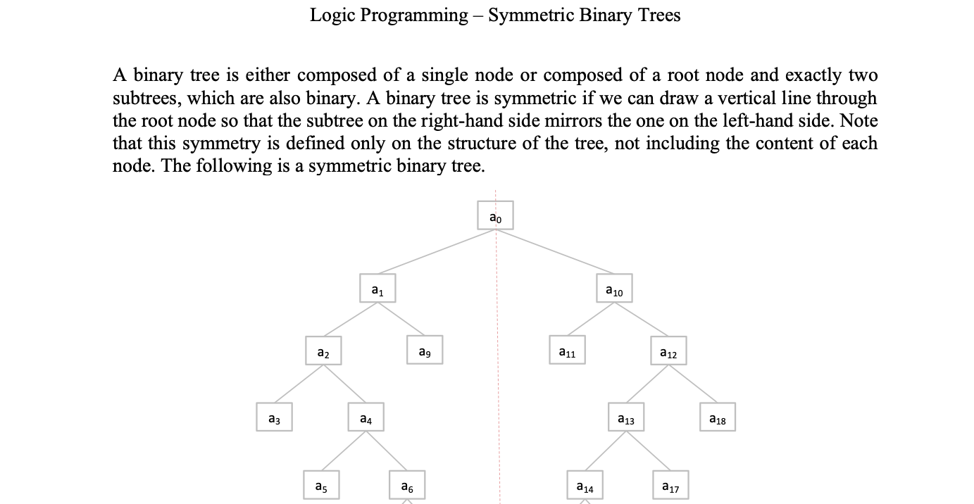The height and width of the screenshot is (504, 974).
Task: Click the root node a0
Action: tap(496, 216)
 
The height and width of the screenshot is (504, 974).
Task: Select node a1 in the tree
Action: tap(377, 289)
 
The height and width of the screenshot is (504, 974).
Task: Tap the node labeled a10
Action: tap(614, 289)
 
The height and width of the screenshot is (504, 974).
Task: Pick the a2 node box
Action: tap(323, 351)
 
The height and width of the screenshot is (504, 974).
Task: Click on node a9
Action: tap(425, 350)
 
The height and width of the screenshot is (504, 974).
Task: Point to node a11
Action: tap(567, 351)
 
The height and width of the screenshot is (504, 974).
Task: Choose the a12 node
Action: tap(668, 351)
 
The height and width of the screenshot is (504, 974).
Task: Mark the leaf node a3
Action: tap(274, 417)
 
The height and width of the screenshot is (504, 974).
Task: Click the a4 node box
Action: tap(366, 417)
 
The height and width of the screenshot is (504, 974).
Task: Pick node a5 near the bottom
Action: tap(321, 485)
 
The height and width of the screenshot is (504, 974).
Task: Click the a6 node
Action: tap(407, 485)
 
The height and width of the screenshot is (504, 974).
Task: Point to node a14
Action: tap(585, 485)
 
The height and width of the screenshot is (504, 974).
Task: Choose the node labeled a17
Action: tap(670, 485)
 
